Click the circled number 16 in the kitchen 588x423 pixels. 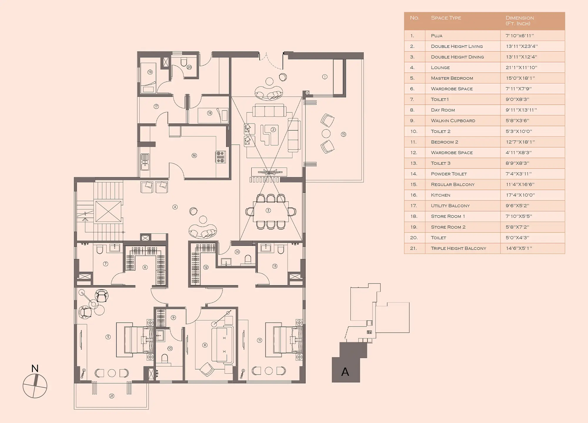pyautogui.click(x=194, y=155)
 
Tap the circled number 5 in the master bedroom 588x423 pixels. pyautogui.click(x=108, y=337)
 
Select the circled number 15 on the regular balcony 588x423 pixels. pyautogui.click(x=343, y=134)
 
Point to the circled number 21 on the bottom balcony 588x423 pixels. pyautogui.click(x=112, y=396)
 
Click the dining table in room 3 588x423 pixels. pyautogui.click(x=271, y=211)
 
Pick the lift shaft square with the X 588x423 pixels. pyautogui.click(x=108, y=211)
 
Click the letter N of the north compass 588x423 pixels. pyautogui.click(x=35, y=368)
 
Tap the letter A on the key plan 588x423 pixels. pyautogui.click(x=345, y=372)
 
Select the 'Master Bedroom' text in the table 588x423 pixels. pyautogui.click(x=452, y=78)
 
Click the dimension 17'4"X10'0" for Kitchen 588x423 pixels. pyautogui.click(x=520, y=195)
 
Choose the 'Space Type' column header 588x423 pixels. pyautogui.click(x=446, y=18)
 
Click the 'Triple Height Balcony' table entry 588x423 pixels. pyautogui.click(x=458, y=248)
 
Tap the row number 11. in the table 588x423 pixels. pyautogui.click(x=413, y=142)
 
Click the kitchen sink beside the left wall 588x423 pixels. pyautogui.click(x=145, y=162)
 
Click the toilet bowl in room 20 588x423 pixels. pyautogui.click(x=184, y=62)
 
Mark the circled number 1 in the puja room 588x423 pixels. pyautogui.click(x=325, y=77)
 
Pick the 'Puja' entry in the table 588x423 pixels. pyautogui.click(x=437, y=36)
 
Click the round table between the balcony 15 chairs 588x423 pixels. pyautogui.click(x=326, y=134)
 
